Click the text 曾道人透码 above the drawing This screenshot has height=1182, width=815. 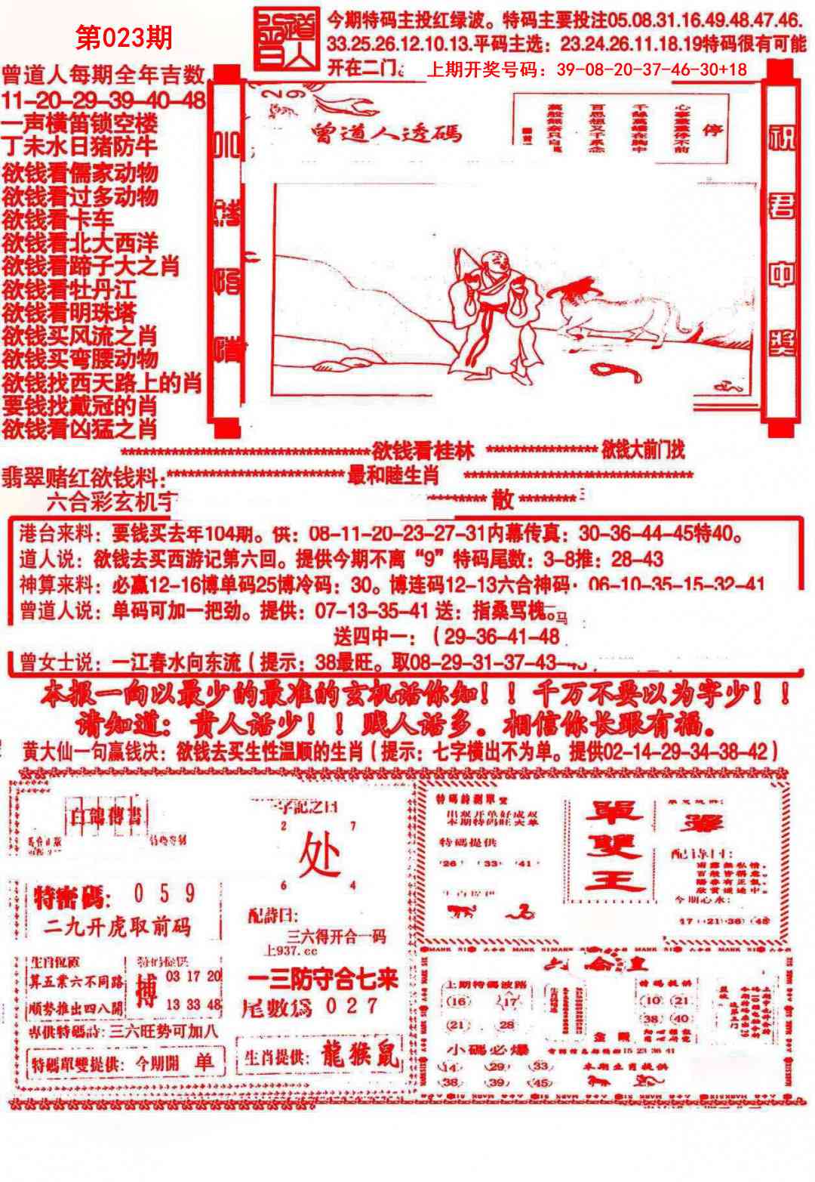[x=386, y=134]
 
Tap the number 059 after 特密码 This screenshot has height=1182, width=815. [x=164, y=895]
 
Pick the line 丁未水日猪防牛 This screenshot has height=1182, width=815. [x=79, y=145]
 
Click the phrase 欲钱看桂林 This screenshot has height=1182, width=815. [x=423, y=452]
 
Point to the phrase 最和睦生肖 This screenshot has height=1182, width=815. [x=393, y=476]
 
